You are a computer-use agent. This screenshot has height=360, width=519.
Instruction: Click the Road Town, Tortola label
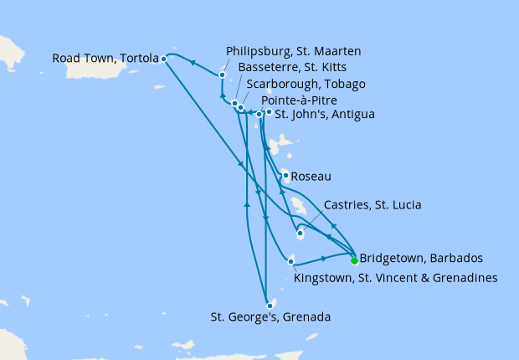click(105, 59)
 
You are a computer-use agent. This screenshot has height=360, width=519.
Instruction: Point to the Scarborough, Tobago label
click(306, 84)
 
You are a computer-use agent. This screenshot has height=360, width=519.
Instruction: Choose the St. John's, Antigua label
click(324, 114)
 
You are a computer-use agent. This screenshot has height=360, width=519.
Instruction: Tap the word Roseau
click(311, 177)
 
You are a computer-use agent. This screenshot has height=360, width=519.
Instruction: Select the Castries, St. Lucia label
click(372, 205)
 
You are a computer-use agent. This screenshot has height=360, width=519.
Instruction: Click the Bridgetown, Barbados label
click(414, 258)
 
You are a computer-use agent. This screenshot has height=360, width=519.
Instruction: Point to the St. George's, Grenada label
click(270, 317)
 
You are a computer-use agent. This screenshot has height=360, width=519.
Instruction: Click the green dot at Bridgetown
click(354, 260)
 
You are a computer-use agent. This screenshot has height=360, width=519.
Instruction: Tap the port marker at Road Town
click(163, 59)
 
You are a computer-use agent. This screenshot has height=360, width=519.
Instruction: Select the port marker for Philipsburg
click(222, 75)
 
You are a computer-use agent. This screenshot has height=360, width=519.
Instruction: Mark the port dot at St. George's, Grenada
click(269, 306)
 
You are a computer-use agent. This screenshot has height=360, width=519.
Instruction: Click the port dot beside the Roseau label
click(286, 175)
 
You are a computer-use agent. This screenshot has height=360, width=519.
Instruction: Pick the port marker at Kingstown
click(290, 263)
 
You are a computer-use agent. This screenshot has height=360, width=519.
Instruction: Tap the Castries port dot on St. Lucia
click(300, 234)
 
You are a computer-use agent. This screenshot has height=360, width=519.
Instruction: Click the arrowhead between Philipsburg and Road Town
click(192, 62)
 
